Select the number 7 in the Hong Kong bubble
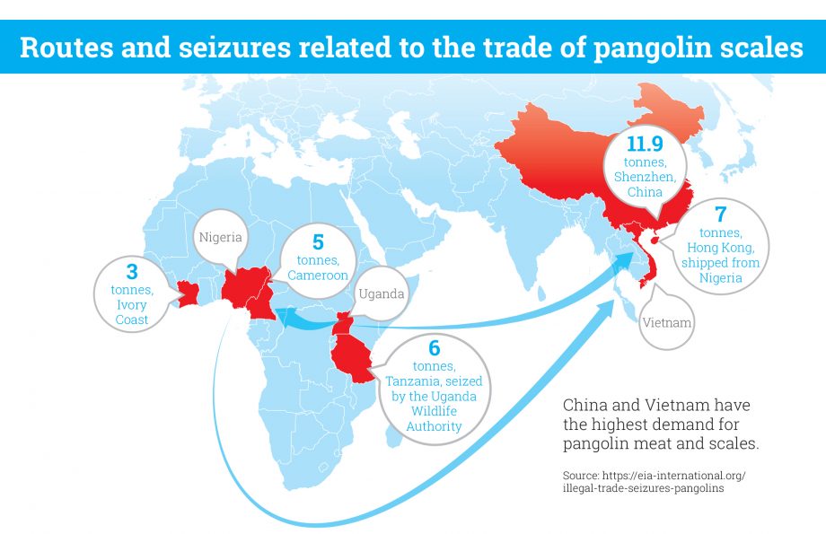pyautogui.click(x=719, y=214)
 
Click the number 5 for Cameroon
pyautogui.click(x=317, y=242)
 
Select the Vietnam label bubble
pyautogui.click(x=667, y=321)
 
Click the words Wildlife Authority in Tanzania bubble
pyautogui.click(x=434, y=419)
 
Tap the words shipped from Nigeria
pyautogui.click(x=720, y=270)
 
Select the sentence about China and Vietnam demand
pyautogui.click(x=660, y=424)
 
